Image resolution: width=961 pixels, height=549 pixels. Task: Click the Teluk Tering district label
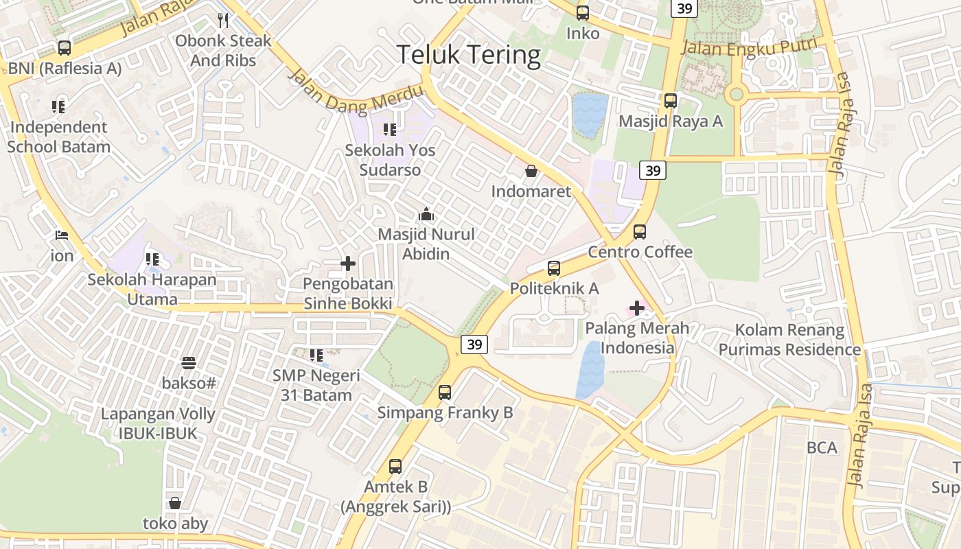(x=469, y=55)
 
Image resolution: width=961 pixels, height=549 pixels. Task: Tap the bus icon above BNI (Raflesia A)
(x=65, y=48)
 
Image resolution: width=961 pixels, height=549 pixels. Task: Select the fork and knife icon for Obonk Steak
(x=222, y=21)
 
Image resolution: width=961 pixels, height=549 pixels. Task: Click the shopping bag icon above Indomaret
(x=531, y=171)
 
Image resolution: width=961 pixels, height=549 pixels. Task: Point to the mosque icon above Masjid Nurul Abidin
(x=426, y=214)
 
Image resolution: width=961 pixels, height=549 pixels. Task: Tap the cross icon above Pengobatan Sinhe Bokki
(x=348, y=264)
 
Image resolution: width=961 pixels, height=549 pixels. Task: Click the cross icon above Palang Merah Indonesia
(x=637, y=307)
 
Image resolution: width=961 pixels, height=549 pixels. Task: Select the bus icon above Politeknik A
(x=554, y=268)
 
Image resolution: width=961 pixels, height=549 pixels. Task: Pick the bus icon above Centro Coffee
(x=640, y=232)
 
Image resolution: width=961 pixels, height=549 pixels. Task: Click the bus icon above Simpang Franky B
(x=445, y=393)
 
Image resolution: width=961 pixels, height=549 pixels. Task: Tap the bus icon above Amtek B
(x=395, y=467)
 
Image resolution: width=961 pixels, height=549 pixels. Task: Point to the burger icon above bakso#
(x=189, y=362)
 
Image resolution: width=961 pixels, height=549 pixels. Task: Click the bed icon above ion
(x=62, y=235)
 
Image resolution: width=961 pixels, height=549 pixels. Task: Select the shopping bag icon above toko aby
(x=175, y=503)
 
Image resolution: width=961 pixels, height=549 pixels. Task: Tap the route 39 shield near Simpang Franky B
(x=474, y=344)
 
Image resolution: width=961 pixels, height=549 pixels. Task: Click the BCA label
(x=822, y=448)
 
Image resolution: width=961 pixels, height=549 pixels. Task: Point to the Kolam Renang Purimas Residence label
(x=789, y=340)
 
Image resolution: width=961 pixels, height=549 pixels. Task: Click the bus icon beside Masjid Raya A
(x=671, y=101)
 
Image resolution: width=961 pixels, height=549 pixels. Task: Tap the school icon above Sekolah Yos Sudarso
(x=390, y=129)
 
